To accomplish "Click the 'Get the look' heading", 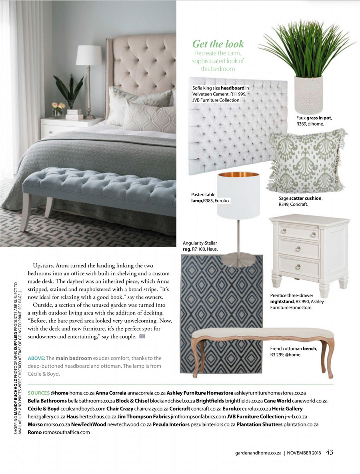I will [x=218, y=44].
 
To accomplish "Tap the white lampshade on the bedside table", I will [x=89, y=55].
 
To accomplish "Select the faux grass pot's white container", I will [x=308, y=94].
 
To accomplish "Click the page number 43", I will [x=330, y=452].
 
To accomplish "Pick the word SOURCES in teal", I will [x=39, y=393].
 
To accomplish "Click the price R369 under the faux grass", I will [x=303, y=124].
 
